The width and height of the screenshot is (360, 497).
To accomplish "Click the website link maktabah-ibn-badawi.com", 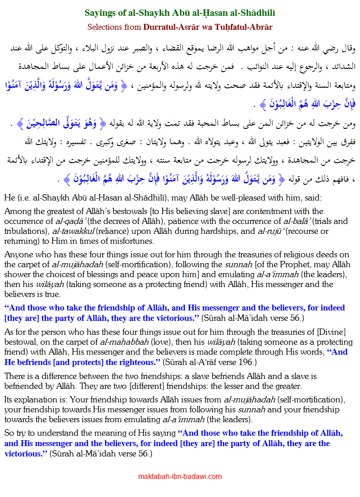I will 180,476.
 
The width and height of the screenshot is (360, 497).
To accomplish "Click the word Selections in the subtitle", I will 107,27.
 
